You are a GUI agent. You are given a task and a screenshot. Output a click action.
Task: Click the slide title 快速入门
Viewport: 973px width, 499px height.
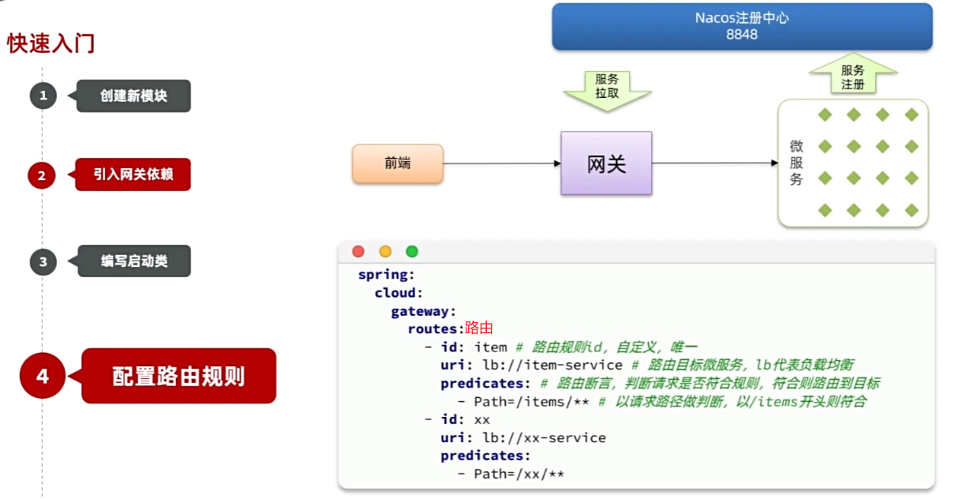point(51,43)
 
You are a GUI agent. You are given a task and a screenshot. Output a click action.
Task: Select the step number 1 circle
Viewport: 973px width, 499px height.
point(43,96)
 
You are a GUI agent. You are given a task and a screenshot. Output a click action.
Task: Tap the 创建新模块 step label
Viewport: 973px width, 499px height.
point(133,96)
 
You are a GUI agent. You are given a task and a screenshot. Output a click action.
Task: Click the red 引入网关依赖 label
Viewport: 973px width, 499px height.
point(133,174)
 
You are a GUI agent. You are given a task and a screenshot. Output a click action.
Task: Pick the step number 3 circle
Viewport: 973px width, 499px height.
point(43,262)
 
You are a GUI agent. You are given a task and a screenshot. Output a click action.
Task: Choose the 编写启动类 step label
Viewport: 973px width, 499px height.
point(134,261)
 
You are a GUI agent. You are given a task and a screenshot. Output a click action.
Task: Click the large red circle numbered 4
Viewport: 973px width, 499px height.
point(43,376)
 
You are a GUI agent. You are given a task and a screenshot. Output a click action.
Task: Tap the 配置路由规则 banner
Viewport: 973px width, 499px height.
point(178,376)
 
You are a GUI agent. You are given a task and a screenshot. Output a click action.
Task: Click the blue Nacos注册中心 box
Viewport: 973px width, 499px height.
point(742,27)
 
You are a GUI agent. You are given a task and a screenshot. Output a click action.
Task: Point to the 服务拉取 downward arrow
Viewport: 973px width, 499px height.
point(607,88)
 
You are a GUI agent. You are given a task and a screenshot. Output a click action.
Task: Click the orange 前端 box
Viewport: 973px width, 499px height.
point(398,163)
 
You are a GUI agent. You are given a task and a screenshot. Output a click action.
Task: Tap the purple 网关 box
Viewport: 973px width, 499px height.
point(606,163)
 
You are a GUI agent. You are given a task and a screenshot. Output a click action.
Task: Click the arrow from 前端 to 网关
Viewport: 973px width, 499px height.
point(502,163)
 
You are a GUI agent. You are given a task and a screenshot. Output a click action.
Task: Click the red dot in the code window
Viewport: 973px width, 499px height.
point(358,251)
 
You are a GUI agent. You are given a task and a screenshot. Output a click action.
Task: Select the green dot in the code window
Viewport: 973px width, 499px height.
point(411,251)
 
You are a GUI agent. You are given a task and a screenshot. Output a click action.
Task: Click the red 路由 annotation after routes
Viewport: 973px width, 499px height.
point(479,328)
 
